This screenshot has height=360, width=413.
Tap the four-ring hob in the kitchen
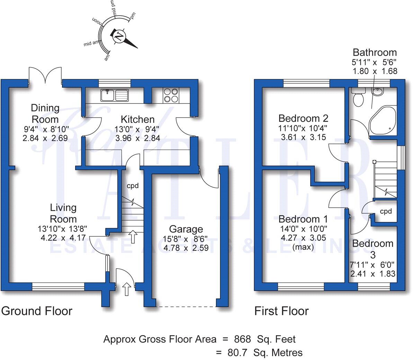point(170,95)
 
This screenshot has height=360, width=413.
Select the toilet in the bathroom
point(357,97)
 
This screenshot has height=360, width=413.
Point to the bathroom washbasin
point(378,92)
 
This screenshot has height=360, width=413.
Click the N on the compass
point(119,36)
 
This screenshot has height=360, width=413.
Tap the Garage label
point(186,229)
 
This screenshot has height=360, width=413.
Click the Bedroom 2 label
point(303,118)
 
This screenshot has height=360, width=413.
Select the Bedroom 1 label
point(303,219)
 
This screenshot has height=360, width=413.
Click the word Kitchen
point(137,119)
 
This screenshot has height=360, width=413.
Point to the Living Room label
point(63,213)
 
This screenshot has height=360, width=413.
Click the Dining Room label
point(45,114)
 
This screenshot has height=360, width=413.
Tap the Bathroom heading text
point(375,53)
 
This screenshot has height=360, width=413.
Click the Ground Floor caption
point(37,311)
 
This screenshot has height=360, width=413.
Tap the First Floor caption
point(281,311)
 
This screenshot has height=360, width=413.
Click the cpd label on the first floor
point(386,211)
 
